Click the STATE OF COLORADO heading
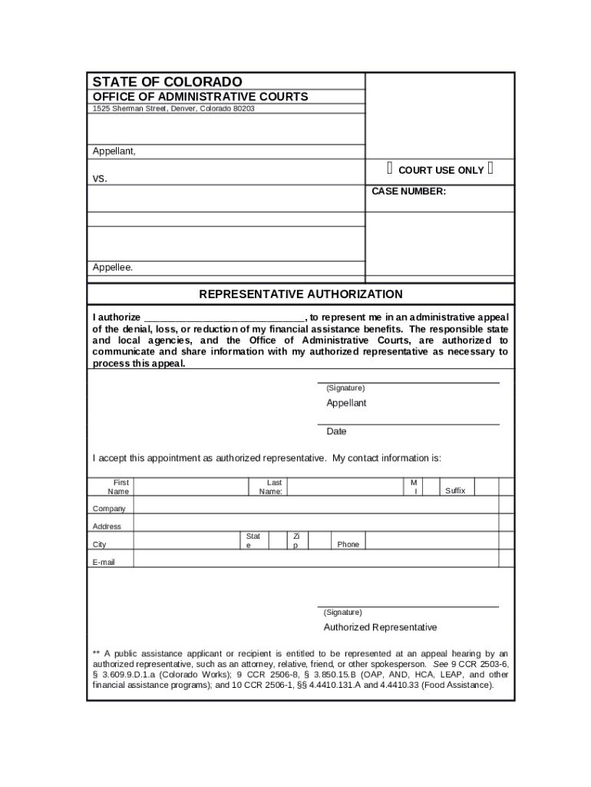click(x=167, y=81)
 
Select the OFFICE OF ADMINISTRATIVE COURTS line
click(x=200, y=97)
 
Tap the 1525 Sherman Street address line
click(x=173, y=108)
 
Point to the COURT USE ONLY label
click(x=441, y=170)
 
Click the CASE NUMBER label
click(x=408, y=191)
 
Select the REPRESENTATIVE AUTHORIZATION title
click(x=301, y=294)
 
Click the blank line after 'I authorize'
click(x=224, y=317)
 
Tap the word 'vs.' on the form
click(x=101, y=178)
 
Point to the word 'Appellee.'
click(x=113, y=267)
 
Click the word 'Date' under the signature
click(x=336, y=431)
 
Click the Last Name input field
click(x=345, y=486)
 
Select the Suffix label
click(x=455, y=490)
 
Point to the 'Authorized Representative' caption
click(x=380, y=627)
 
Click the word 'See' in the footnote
click(x=441, y=663)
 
